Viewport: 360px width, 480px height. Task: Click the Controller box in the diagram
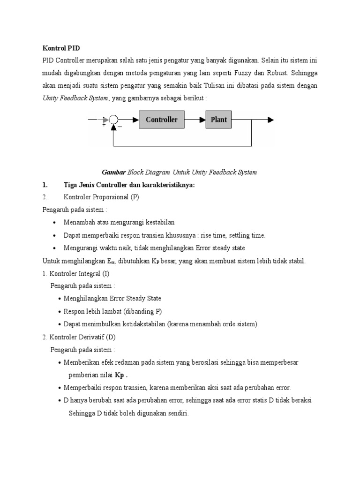coord(161,120)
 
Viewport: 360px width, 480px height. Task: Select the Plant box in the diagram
coord(218,120)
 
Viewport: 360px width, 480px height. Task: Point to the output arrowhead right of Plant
coord(270,120)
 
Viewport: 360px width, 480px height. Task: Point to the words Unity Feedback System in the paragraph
coord(75,98)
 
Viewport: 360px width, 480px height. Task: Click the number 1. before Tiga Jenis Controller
coord(45,185)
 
